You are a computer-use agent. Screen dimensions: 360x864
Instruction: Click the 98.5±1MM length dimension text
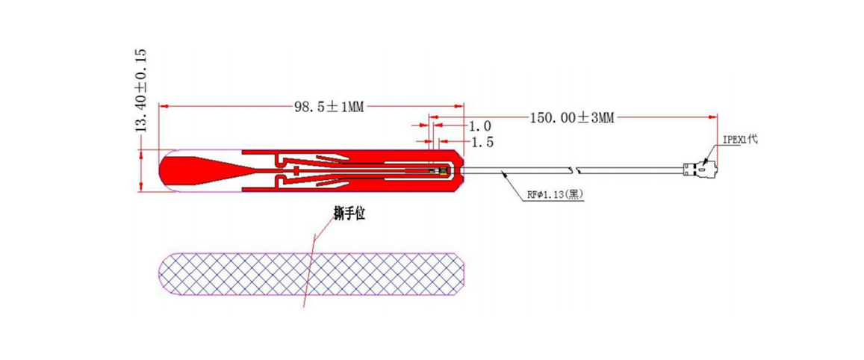pos(329,106)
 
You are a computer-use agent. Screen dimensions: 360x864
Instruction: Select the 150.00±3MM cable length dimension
pos(571,118)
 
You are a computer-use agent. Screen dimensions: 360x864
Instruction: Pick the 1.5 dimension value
pos(481,141)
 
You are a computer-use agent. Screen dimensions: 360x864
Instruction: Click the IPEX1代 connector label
pos(739,140)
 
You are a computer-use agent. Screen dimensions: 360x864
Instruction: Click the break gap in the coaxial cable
pos(574,168)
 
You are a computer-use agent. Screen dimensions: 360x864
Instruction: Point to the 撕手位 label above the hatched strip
pos(350,214)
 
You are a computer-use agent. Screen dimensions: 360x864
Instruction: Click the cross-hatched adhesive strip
pos(314,273)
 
